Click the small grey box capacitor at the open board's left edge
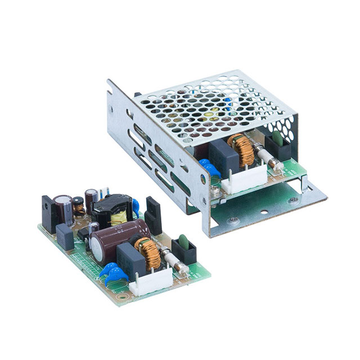click(x=65, y=236)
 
